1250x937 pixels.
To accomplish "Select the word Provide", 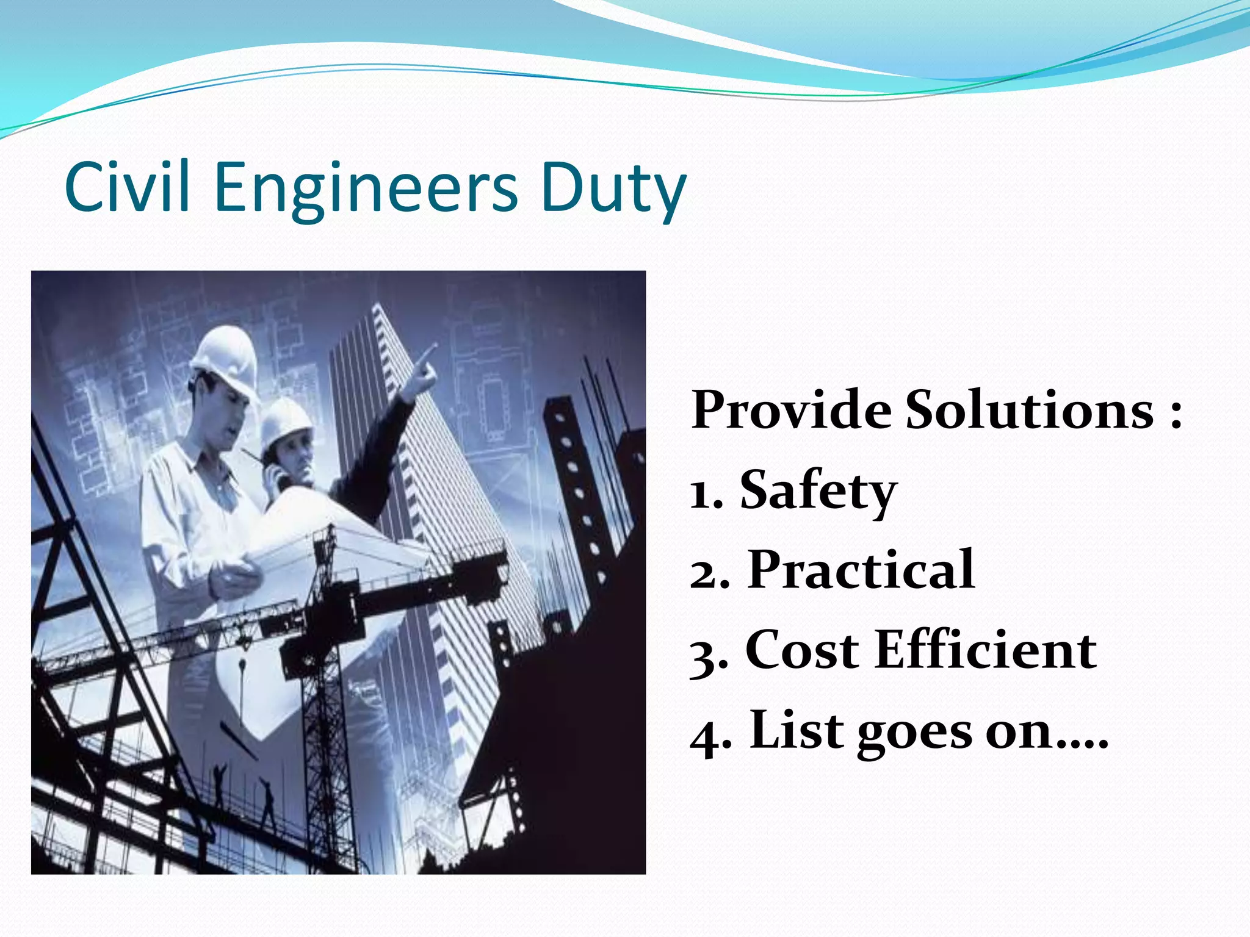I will tap(791, 410).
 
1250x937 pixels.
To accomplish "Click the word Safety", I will tap(818, 492).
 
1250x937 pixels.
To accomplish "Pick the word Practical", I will tap(861, 570).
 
